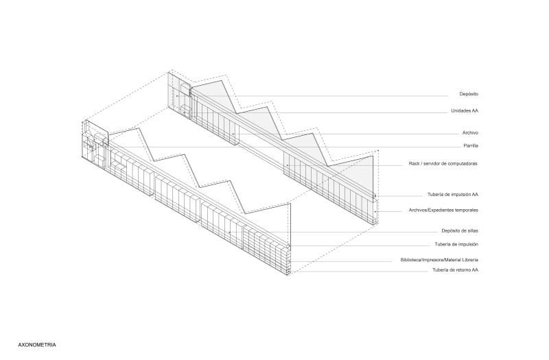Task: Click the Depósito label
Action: click(x=469, y=94)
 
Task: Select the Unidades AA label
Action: click(x=465, y=111)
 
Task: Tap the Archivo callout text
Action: click(x=470, y=133)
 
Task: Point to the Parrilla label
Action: click(x=471, y=146)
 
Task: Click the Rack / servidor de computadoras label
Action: click(x=443, y=164)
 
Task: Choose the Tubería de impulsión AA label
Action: click(x=453, y=195)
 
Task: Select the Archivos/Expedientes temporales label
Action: click(x=443, y=211)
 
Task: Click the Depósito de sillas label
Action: click(x=460, y=231)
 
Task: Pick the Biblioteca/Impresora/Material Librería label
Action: click(x=439, y=260)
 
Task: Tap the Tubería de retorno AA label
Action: click(x=455, y=270)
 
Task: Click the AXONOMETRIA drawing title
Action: click(x=37, y=345)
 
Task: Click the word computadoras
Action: click(x=463, y=164)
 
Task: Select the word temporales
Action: click(x=467, y=211)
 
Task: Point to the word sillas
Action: click(x=473, y=231)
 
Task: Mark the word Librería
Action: click(x=470, y=260)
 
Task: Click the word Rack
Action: click(x=414, y=164)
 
